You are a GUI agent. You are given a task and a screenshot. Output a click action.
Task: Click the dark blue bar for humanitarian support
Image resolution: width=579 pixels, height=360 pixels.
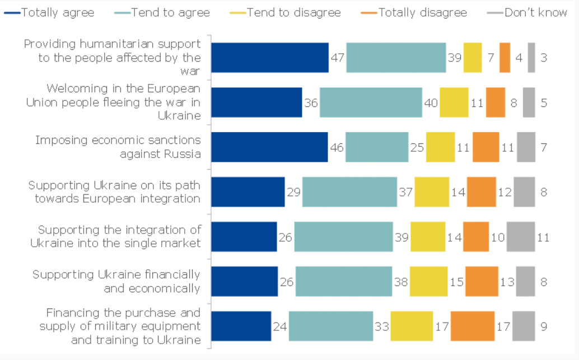[269, 58]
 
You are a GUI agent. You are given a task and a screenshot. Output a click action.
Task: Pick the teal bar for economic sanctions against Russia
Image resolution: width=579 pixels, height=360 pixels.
[377, 147]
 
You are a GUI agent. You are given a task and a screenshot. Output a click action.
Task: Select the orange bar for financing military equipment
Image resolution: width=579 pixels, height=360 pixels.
[472, 326]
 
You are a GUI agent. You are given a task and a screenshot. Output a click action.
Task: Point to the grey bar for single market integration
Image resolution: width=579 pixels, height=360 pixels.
[521, 237]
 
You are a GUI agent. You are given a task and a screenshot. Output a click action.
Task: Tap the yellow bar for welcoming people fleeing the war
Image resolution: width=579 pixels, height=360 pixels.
[454, 102]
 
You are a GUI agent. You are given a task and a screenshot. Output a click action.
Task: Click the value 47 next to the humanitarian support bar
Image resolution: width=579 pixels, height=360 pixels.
[337, 58]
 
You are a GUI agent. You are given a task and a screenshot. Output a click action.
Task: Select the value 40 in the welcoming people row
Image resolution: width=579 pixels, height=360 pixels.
[430, 103]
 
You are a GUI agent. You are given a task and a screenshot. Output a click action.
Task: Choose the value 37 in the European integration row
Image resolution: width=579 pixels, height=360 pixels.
[405, 193]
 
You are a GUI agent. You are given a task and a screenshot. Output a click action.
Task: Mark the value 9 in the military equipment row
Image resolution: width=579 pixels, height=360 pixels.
[544, 326]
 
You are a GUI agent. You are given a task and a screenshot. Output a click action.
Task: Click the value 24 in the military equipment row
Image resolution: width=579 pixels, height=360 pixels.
[279, 326]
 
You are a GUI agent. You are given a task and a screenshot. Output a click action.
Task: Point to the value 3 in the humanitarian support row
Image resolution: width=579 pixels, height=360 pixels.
[544, 58]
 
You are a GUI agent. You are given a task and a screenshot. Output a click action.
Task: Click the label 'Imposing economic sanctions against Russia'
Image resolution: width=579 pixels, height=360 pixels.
[118, 147]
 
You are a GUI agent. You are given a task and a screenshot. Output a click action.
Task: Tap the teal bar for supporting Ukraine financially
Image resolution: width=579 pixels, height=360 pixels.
[343, 281]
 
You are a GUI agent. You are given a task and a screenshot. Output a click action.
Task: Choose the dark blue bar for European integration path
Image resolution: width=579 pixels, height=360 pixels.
[248, 192]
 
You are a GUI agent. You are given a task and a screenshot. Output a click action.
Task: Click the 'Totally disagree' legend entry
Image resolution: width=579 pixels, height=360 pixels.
[422, 12]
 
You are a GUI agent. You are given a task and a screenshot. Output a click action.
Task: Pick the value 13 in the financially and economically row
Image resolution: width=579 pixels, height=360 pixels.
[507, 282]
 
